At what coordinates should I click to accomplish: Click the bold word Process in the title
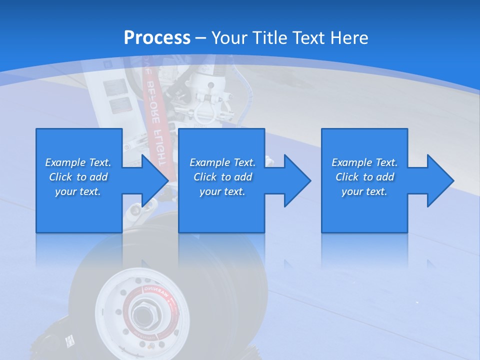(157, 38)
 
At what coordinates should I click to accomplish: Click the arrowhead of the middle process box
(297, 180)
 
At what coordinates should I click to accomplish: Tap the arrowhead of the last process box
(440, 180)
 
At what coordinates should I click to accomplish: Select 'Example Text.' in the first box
(78, 162)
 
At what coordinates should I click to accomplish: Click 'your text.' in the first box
(78, 191)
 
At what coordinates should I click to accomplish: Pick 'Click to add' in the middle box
(222, 177)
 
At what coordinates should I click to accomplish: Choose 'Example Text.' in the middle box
(222, 162)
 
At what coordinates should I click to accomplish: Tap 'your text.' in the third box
(364, 191)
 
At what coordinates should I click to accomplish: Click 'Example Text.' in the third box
(364, 162)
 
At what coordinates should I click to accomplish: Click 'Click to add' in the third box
(364, 177)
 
